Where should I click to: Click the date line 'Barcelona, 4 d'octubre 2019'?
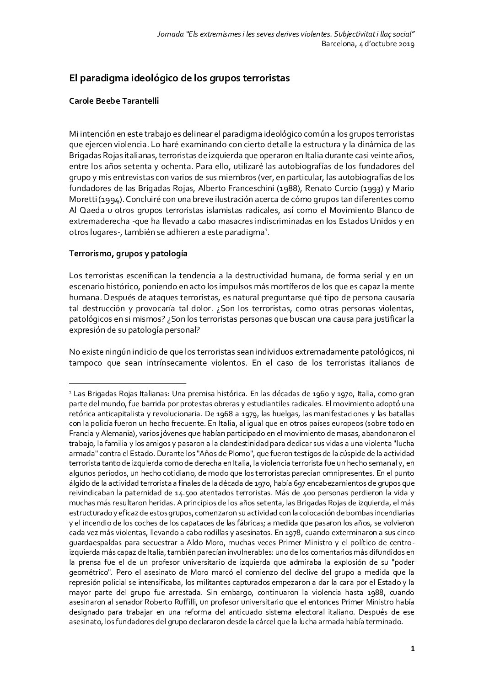point(368,44)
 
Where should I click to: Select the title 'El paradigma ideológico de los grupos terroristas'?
point(179,78)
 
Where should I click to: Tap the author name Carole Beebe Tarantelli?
point(114,101)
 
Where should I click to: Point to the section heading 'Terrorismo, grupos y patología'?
point(128,254)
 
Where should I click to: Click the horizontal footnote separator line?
point(128,383)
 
